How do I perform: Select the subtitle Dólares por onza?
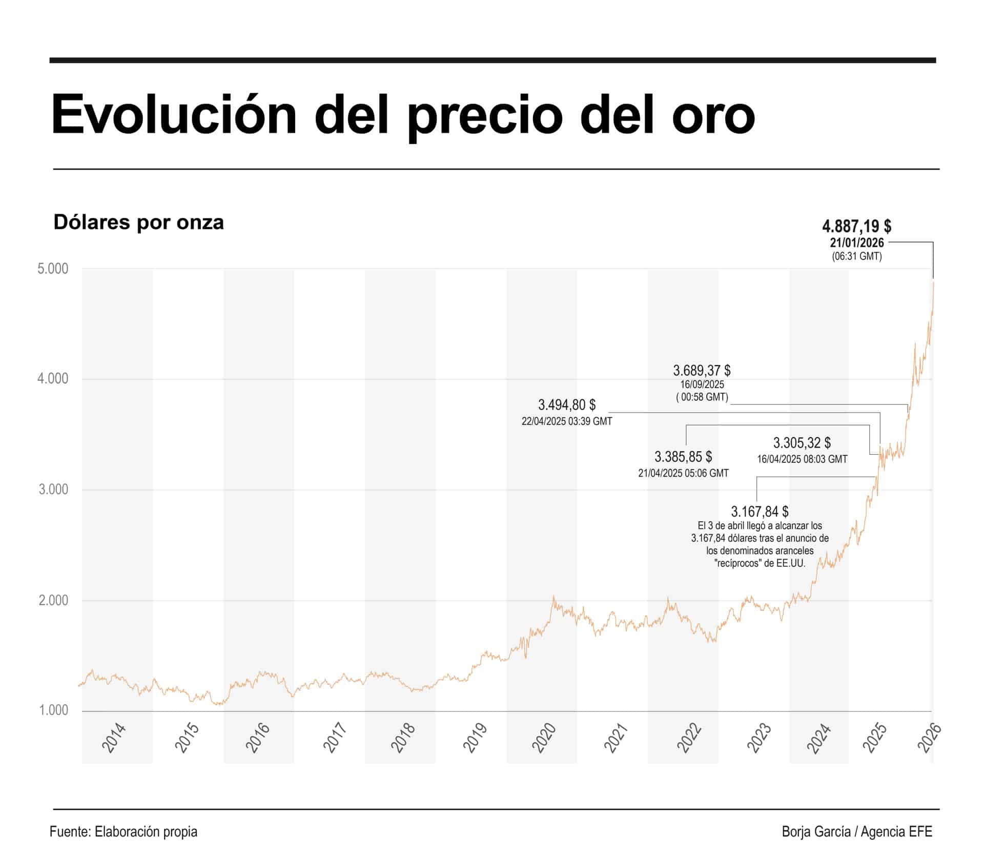138,222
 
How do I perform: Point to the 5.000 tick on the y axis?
53,269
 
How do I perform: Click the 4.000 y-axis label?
53,379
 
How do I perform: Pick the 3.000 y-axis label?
53,489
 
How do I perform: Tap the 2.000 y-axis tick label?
53,600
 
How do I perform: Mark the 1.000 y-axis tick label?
53,710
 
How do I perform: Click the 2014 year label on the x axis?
113,738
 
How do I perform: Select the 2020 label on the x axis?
544,738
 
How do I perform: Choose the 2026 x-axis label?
929,738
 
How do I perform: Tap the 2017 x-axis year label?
336,738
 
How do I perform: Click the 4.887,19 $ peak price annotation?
856,226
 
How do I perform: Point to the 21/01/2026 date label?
857,243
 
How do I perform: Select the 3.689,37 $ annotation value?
702,370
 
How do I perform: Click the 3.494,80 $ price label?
566,405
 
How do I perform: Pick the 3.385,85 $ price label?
683,456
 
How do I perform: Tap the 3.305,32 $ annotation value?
802,442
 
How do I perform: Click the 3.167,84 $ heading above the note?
760,512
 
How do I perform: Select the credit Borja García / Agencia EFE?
857,831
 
